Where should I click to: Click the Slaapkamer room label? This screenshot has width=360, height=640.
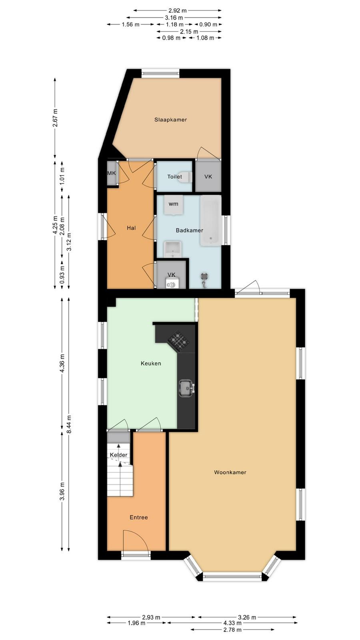click(x=170, y=120)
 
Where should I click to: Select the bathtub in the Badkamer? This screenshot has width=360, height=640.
click(x=211, y=220)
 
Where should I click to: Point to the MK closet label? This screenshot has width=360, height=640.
click(x=112, y=173)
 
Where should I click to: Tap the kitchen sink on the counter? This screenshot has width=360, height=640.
click(x=186, y=388)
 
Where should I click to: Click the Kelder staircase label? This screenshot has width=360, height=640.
click(x=118, y=455)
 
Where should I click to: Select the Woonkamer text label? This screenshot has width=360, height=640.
click(x=230, y=472)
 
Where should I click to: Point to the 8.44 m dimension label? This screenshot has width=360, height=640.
click(x=69, y=424)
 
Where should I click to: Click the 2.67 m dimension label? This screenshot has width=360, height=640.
click(x=55, y=118)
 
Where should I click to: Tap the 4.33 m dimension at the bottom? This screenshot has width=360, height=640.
click(x=232, y=623)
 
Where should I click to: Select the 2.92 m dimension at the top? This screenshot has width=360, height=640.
click(x=178, y=10)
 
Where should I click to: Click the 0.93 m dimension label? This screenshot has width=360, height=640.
click(x=62, y=275)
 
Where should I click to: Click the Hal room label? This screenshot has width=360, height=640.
click(x=131, y=228)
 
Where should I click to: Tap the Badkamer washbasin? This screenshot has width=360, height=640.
click(x=172, y=249)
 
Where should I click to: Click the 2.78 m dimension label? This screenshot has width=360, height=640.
click(x=232, y=630)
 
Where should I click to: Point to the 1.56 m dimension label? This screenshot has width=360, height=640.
click(x=130, y=24)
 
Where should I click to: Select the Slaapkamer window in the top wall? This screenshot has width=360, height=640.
click(x=160, y=74)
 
